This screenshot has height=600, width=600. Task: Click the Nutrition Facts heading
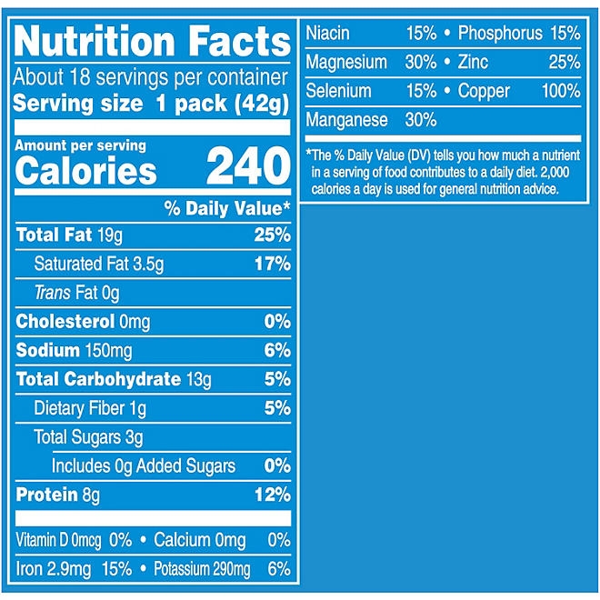[x=153, y=42]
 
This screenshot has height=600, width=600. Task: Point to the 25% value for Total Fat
[x=271, y=235]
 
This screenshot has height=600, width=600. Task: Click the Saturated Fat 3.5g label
[x=98, y=265]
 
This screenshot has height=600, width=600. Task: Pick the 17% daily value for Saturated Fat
[x=271, y=265]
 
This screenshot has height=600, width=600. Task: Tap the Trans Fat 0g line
[x=76, y=293]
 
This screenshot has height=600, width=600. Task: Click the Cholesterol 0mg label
[x=83, y=322]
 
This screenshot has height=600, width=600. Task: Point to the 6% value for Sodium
[x=276, y=351]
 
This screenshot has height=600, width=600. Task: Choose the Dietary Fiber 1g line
[x=89, y=409]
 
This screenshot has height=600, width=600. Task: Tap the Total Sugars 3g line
[x=88, y=437]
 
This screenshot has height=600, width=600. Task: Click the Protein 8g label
[x=57, y=495]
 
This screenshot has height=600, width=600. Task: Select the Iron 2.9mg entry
[x=55, y=569]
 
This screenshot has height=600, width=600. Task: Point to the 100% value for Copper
[x=560, y=91]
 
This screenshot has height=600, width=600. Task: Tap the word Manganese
[x=346, y=120]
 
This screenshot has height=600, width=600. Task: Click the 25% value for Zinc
[x=565, y=62]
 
